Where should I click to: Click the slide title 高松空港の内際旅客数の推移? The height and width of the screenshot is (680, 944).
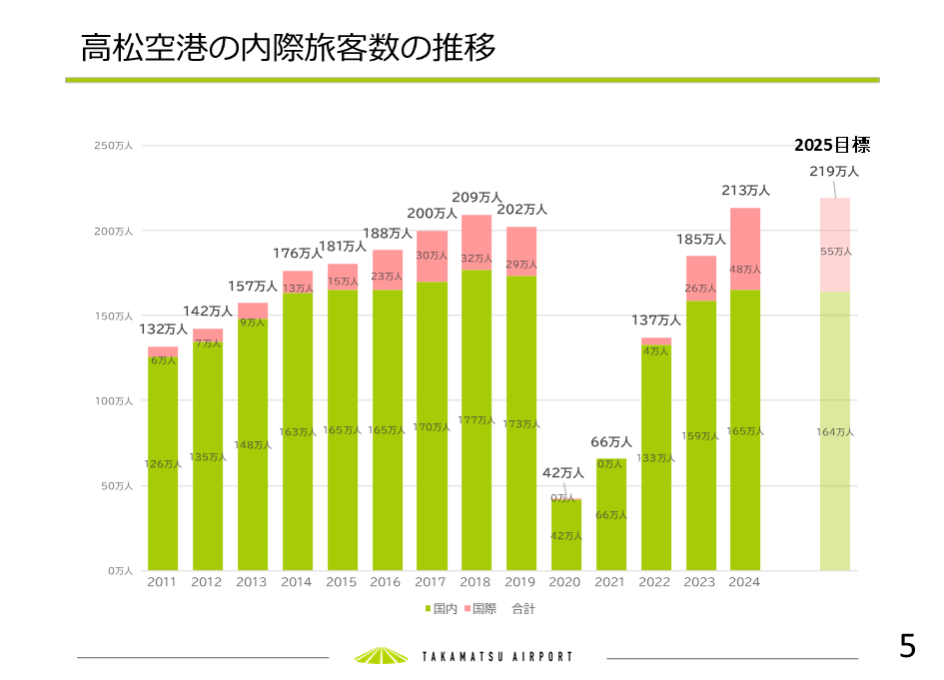(x=289, y=48)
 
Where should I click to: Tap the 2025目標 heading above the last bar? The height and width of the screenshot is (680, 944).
(x=832, y=145)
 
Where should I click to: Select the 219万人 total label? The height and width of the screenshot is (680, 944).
(x=834, y=172)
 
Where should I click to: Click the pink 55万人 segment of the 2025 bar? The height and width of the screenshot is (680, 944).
(x=835, y=251)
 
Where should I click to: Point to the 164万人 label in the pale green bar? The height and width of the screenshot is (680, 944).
(x=835, y=432)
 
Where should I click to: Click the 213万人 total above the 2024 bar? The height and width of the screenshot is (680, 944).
(x=745, y=190)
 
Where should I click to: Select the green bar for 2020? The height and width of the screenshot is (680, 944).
(x=566, y=535)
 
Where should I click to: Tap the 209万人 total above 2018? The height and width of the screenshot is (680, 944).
(x=476, y=198)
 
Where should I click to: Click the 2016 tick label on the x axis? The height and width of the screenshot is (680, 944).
(x=386, y=582)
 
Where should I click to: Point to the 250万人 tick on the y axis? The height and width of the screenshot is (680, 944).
(x=113, y=146)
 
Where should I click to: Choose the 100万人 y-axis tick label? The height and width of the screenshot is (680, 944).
(x=113, y=400)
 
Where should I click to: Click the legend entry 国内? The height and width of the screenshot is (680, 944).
(x=441, y=608)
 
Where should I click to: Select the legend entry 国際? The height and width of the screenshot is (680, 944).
(x=480, y=608)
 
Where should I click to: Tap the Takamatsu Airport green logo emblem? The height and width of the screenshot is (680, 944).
(x=381, y=655)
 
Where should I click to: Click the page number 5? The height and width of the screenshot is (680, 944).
(x=907, y=646)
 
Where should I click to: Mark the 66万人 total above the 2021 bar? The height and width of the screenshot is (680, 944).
(x=611, y=442)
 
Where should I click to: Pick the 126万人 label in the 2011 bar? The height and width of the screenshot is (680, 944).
(x=164, y=464)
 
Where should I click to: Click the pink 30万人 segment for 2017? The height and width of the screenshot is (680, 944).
(x=432, y=256)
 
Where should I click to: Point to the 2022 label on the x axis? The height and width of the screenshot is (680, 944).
(x=655, y=582)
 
